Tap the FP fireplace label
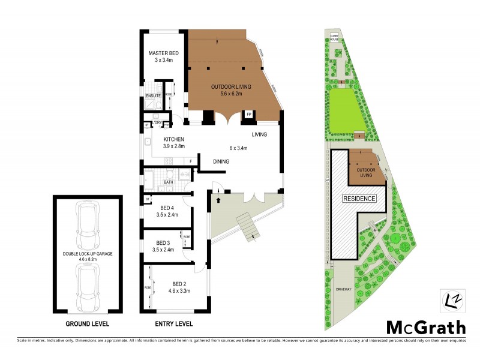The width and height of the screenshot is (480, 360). coord(248,113)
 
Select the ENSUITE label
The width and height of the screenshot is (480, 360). coord(152,95)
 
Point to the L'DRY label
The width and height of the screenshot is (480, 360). coord(157,124)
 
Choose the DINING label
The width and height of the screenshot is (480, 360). coord(223,161)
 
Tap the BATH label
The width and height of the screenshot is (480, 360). coord(169,182)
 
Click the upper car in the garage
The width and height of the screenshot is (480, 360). coord(87,220)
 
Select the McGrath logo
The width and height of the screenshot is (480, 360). coord(425,328)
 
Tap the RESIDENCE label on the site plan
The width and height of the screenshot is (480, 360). coord(359,199)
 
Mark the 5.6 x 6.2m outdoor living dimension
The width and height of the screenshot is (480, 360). coord(231,94)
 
